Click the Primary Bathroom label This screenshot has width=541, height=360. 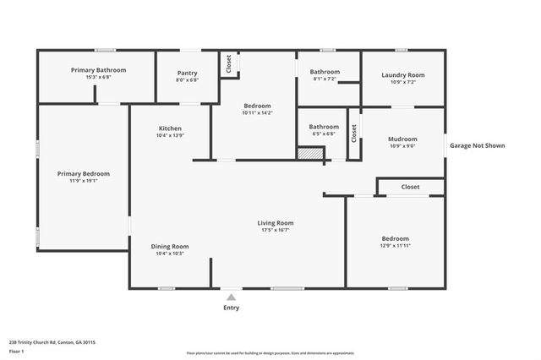click(98, 70)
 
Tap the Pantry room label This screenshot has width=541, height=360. click(188, 74)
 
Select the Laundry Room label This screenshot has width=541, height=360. click(402, 75)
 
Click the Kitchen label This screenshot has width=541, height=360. click(169, 128)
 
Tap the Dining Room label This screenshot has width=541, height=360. click(169, 247)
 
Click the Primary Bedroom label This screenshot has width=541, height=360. click(84, 173)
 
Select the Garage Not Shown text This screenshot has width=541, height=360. click(478, 145)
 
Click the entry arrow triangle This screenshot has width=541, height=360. click(231, 297)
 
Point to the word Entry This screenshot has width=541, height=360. click(231, 308)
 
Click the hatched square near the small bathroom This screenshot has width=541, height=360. click(310, 153)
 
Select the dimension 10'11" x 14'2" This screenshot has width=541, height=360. click(257, 112)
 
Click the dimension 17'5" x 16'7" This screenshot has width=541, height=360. click(276, 230)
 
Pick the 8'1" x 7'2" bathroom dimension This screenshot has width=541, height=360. click(325, 79)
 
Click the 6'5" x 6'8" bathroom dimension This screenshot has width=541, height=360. click(323, 134)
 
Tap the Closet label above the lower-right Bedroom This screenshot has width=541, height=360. click(410, 187)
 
